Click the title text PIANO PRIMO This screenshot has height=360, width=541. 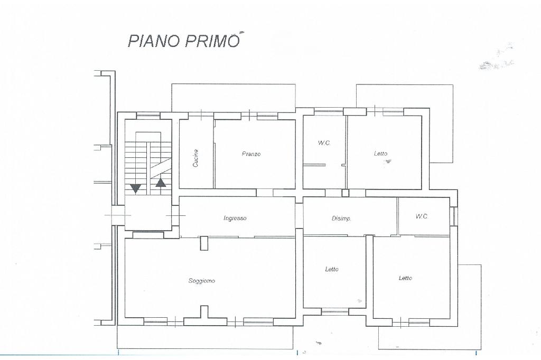pos(183,40)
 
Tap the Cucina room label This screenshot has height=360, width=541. pos(195,158)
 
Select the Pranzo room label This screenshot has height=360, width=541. pos(251,154)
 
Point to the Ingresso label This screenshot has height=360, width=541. pos(235,218)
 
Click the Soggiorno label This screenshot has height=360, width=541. pos(202,281)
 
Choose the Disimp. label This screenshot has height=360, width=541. pos(342,219)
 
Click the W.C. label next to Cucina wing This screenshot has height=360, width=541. pos(324,143)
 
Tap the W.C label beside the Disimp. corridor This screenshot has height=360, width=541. pos(421,216)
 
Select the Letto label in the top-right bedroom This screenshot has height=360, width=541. pos(380,154)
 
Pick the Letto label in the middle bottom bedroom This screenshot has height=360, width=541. pos(332,269)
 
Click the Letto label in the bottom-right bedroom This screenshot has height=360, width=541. pos(405,278)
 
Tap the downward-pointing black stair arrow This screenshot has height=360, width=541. pos(136,188)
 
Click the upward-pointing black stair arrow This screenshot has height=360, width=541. pos(161,183)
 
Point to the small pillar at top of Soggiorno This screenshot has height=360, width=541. pos(204,243)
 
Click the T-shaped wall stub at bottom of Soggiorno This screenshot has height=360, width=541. pos(204,315)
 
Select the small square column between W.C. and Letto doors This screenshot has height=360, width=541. pos(346,193)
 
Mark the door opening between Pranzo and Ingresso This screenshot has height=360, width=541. pos(265,193)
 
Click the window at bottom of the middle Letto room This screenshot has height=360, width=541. pos(335,311)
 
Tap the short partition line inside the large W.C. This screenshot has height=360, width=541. pos(314,165)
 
